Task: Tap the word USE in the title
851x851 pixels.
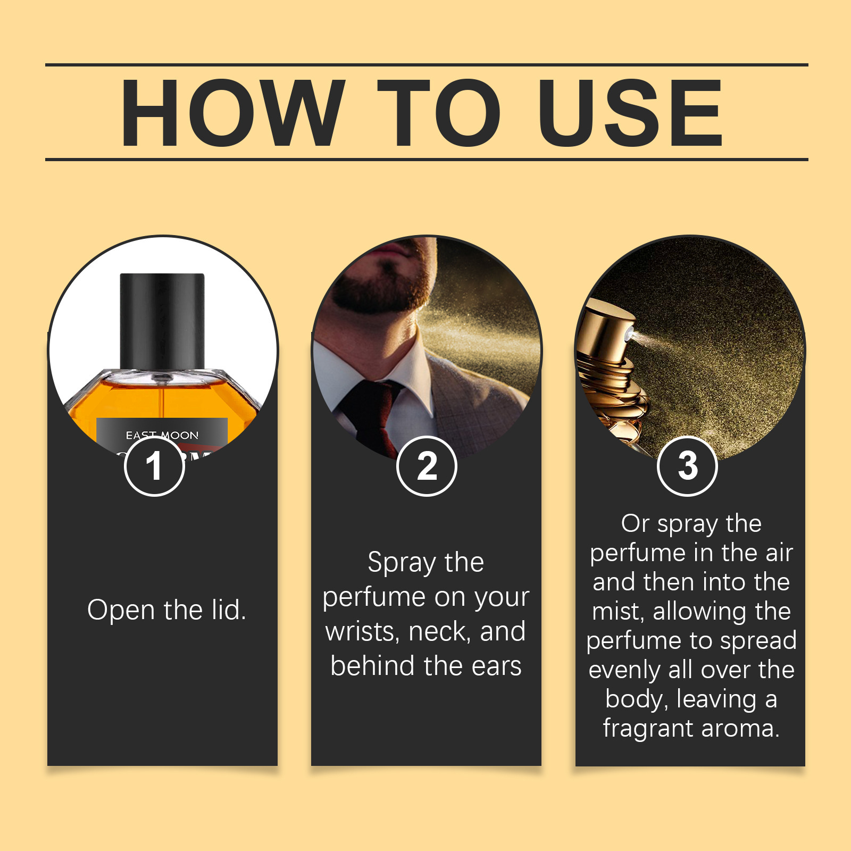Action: click(x=630, y=113)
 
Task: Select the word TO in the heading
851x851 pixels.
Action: click(x=439, y=113)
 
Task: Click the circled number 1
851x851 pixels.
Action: click(x=154, y=466)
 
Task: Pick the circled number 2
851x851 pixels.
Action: click(x=427, y=466)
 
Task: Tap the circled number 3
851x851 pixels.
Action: click(x=687, y=466)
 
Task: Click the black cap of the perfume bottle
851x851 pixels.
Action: click(x=162, y=319)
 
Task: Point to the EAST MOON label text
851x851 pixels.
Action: click(x=162, y=435)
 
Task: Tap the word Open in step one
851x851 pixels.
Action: click(x=121, y=610)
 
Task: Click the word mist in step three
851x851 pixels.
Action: click(x=617, y=612)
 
